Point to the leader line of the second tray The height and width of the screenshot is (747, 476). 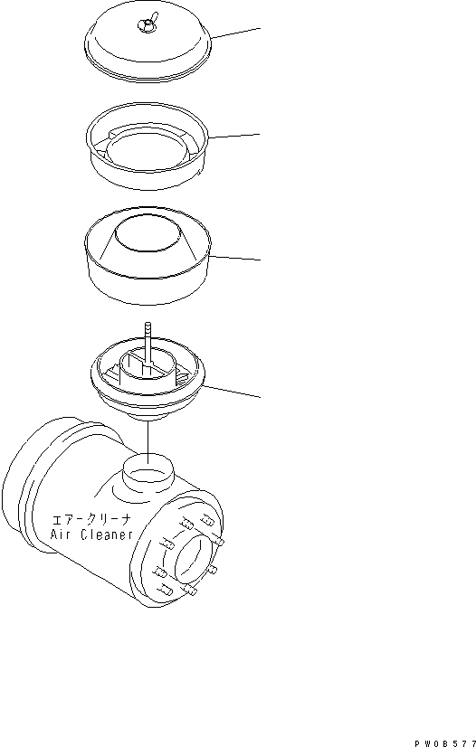tap(235, 136)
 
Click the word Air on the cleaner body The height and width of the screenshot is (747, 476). tap(66, 534)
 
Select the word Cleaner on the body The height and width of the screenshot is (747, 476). tap(108, 534)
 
